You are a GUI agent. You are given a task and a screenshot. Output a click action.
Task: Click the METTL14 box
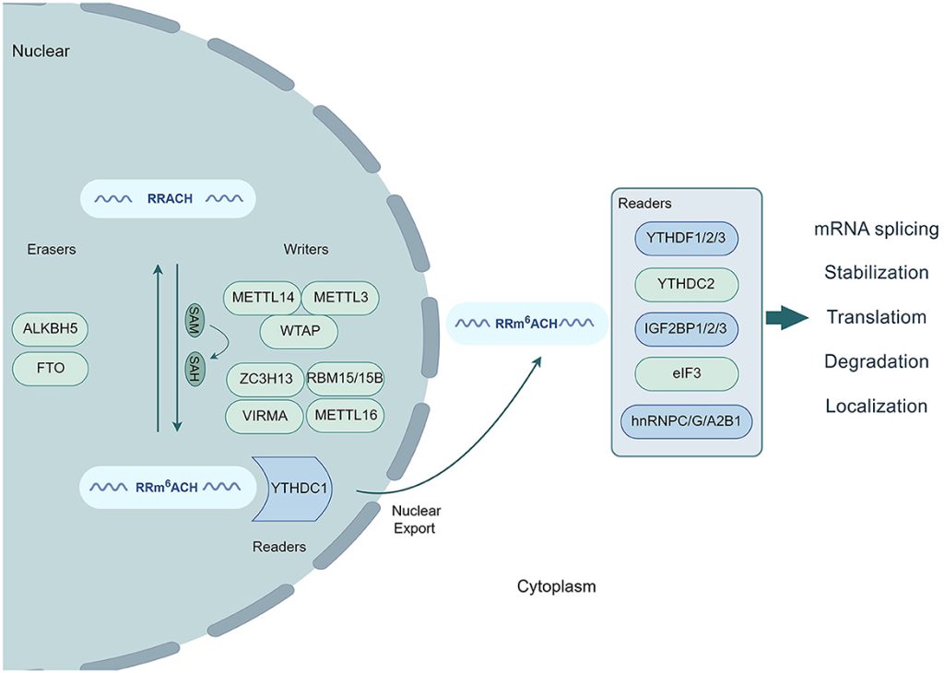(261, 299)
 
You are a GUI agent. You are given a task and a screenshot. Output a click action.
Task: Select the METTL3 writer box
(340, 299)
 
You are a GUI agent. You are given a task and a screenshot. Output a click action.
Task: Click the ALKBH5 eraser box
(51, 328)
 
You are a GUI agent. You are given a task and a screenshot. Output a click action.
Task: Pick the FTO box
(51, 370)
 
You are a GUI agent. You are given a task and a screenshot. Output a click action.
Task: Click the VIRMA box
(265, 416)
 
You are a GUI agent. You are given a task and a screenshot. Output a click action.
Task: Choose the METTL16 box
(344, 416)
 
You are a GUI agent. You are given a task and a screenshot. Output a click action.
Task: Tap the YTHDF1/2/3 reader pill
(687, 242)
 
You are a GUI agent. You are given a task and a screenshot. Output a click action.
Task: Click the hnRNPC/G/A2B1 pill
(687, 420)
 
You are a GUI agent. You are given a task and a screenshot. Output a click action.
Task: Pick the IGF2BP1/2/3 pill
(687, 329)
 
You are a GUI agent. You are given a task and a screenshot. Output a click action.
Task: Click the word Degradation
(876, 361)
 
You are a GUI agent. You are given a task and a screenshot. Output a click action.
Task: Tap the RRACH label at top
(170, 198)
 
